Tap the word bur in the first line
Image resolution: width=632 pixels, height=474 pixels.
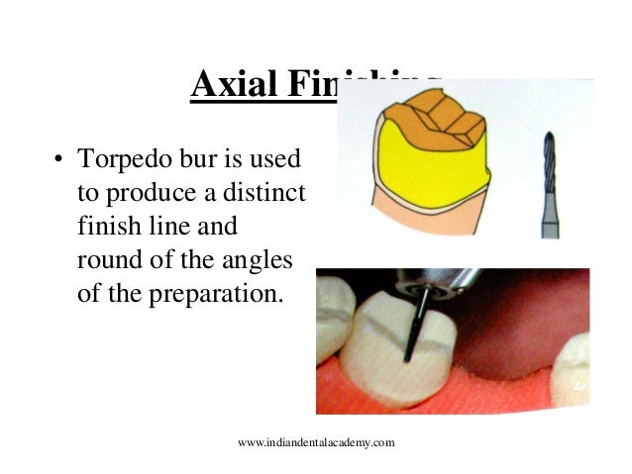point(194,159)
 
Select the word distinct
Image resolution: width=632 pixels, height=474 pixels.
point(268,192)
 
